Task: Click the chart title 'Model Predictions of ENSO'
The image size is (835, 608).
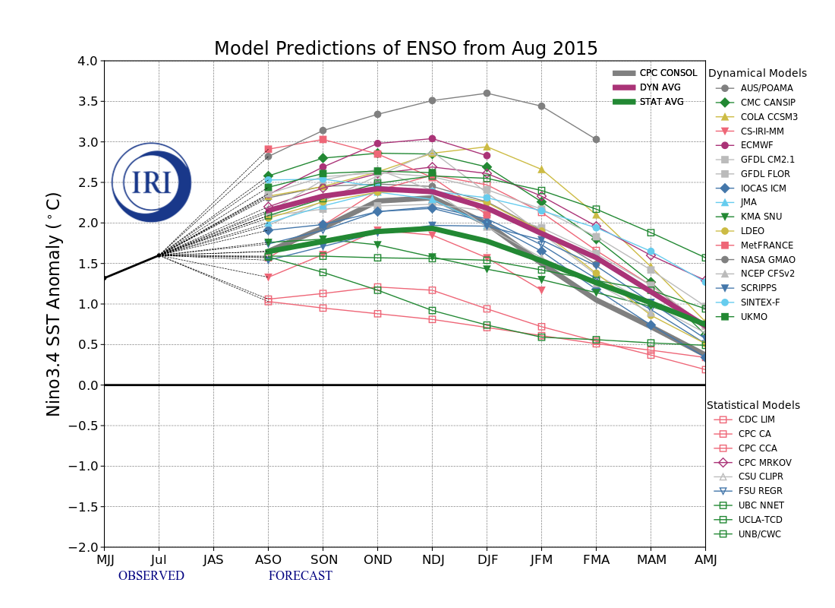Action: click(405, 49)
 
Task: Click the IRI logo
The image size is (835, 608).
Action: click(152, 182)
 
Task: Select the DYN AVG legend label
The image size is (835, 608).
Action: click(660, 87)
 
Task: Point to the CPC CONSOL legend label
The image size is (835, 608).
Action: click(668, 73)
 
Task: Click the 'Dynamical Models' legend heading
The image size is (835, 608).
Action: click(757, 74)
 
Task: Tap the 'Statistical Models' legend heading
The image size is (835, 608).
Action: click(753, 406)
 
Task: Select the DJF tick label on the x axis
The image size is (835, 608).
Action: click(487, 560)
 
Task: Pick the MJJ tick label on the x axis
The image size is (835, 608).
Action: click(105, 560)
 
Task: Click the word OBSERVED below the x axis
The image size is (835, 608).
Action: click(151, 576)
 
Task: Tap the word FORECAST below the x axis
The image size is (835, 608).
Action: click(300, 576)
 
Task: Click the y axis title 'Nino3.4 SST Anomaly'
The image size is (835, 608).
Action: click(54, 304)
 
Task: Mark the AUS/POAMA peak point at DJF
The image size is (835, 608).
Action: click(487, 93)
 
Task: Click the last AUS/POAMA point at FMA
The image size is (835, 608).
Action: click(596, 139)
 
